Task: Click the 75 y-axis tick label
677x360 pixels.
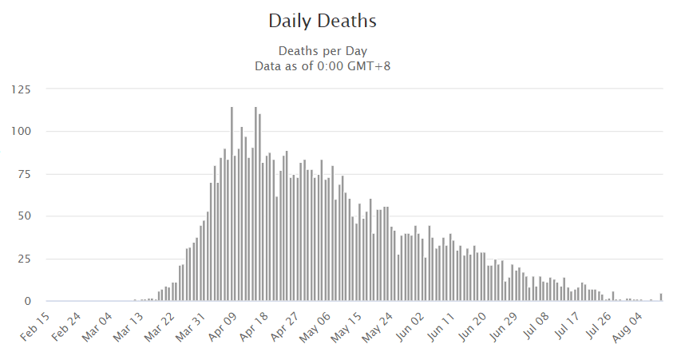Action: pyautogui.click(x=24, y=174)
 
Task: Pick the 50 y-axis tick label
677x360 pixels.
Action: pyautogui.click(x=24, y=216)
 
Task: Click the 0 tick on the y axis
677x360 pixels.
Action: pyautogui.click(x=27, y=302)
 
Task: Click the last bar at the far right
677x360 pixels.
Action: pyautogui.click(x=661, y=298)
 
